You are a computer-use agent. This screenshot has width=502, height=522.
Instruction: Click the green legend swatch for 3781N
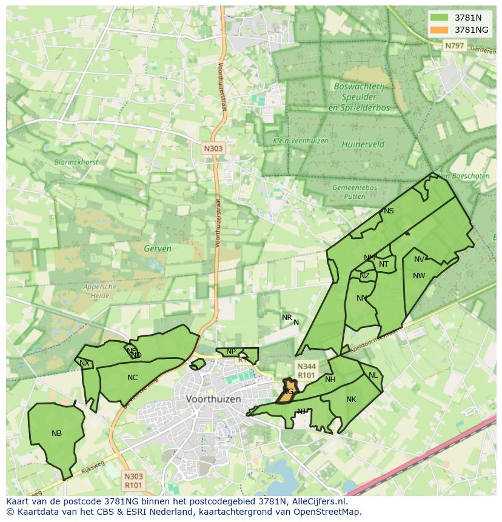pos(440,18)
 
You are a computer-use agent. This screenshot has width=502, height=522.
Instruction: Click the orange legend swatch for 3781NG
pos(440,30)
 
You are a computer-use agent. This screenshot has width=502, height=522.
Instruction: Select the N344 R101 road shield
pos(306,370)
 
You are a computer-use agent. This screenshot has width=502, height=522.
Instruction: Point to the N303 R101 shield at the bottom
pos(133,481)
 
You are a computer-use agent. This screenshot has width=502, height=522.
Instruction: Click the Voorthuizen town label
pos(213,400)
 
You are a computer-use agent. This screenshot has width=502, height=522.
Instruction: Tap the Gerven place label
pos(158,249)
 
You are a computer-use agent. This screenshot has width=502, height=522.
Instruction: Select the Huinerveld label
pos(363,144)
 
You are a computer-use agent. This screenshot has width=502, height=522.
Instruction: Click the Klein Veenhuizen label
pos(300,141)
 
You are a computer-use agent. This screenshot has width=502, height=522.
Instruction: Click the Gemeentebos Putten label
pos(354,192)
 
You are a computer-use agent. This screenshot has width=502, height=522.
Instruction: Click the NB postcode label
pos(56,433)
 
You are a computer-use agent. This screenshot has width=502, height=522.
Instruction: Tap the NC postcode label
pos(132,378)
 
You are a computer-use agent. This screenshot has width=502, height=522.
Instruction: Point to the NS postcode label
pos(389,211)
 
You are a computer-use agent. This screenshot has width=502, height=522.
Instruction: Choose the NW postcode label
pos(419,276)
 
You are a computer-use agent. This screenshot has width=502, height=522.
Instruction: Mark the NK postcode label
pos(351,400)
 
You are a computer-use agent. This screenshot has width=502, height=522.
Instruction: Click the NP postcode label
pos(231,352)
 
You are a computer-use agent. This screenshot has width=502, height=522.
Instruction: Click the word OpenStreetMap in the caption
pos(327,512)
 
